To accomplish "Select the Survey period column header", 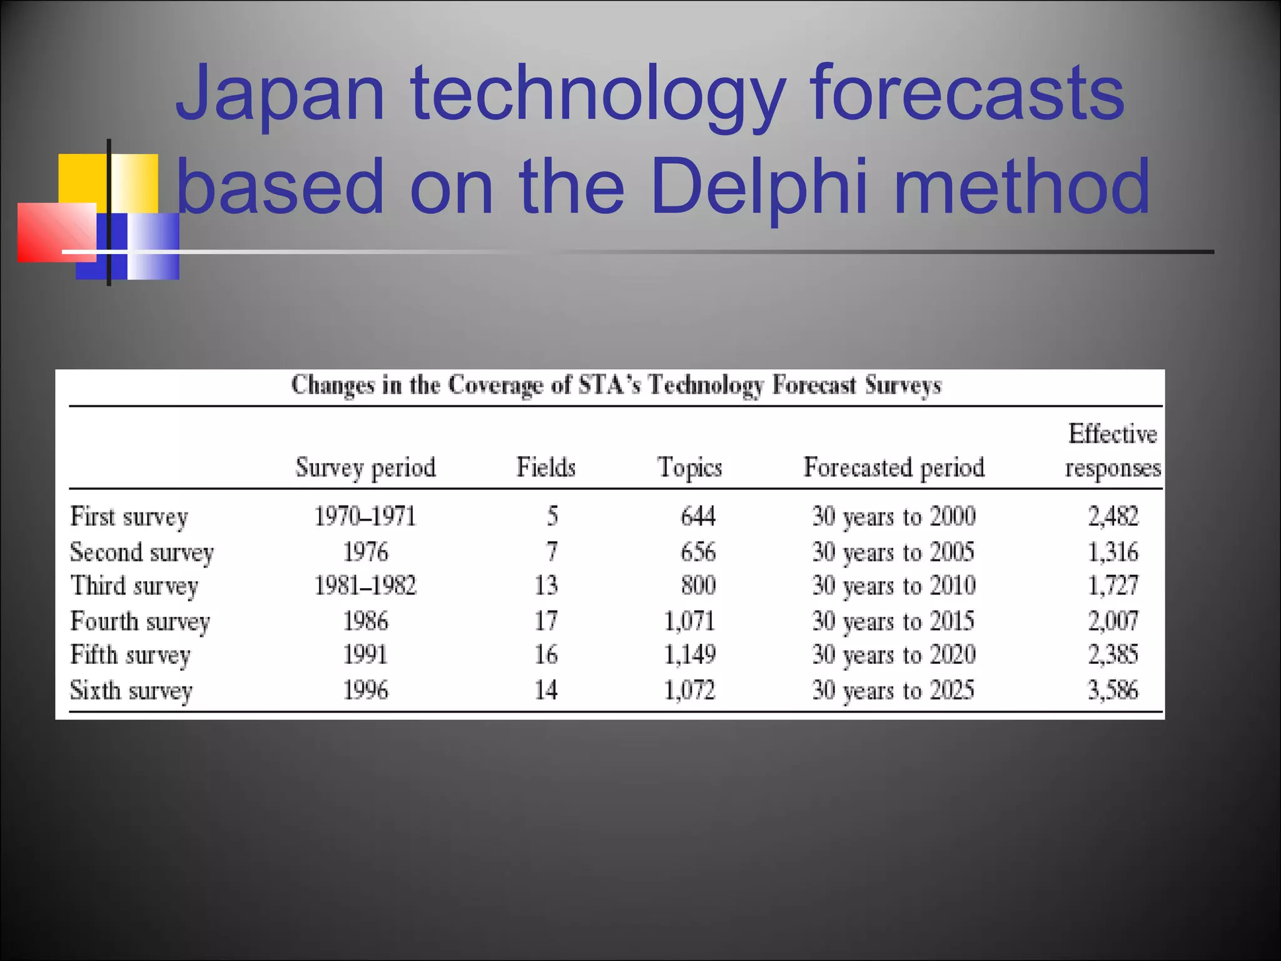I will pyautogui.click(x=365, y=467).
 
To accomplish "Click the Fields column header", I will pyautogui.click(x=545, y=467).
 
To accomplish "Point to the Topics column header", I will pyautogui.click(x=689, y=467).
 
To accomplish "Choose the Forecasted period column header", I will pyautogui.click(x=894, y=467).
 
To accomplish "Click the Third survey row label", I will pyautogui.click(x=134, y=586).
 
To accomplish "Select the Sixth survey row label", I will pyautogui.click(x=131, y=691).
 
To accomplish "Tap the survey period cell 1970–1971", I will pyautogui.click(x=365, y=517).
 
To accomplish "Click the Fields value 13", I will pyautogui.click(x=545, y=586).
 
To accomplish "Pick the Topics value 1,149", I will pyautogui.click(x=689, y=655).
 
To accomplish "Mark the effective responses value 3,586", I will pyautogui.click(x=1113, y=691).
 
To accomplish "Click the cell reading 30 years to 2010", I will pyautogui.click(x=894, y=586).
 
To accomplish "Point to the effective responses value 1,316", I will pyautogui.click(x=1113, y=552).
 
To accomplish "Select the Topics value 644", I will pyautogui.click(x=697, y=517).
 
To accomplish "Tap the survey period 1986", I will pyautogui.click(x=365, y=621).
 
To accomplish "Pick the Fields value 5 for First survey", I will pyautogui.click(x=552, y=517).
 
